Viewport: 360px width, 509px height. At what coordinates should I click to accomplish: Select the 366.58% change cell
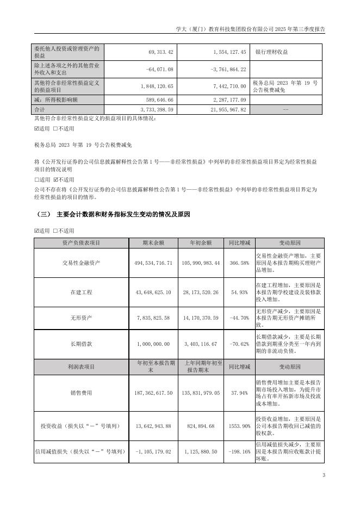pyautogui.click(x=240, y=263)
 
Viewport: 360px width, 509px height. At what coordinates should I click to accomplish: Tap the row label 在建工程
pyautogui.click(x=81, y=292)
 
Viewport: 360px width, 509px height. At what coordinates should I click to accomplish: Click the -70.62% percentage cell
pyautogui.click(x=240, y=344)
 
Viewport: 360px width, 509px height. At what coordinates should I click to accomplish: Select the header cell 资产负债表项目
pyautogui.click(x=81, y=243)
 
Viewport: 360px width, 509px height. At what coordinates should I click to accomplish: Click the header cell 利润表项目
pyautogui.click(x=81, y=367)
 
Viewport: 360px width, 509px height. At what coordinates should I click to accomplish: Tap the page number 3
pyautogui.click(x=324, y=476)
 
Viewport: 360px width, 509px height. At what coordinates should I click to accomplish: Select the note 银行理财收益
pyautogui.click(x=270, y=52)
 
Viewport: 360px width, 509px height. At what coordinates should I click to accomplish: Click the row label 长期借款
pyautogui.click(x=81, y=344)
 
